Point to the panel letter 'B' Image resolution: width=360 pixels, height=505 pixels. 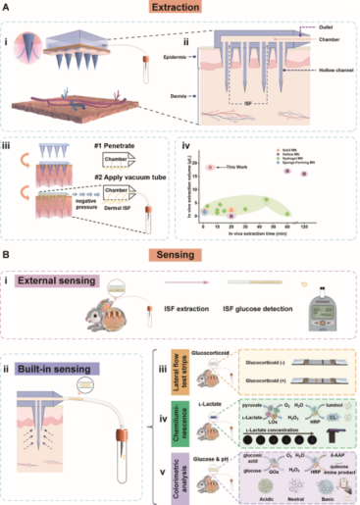[x=10, y=253]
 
